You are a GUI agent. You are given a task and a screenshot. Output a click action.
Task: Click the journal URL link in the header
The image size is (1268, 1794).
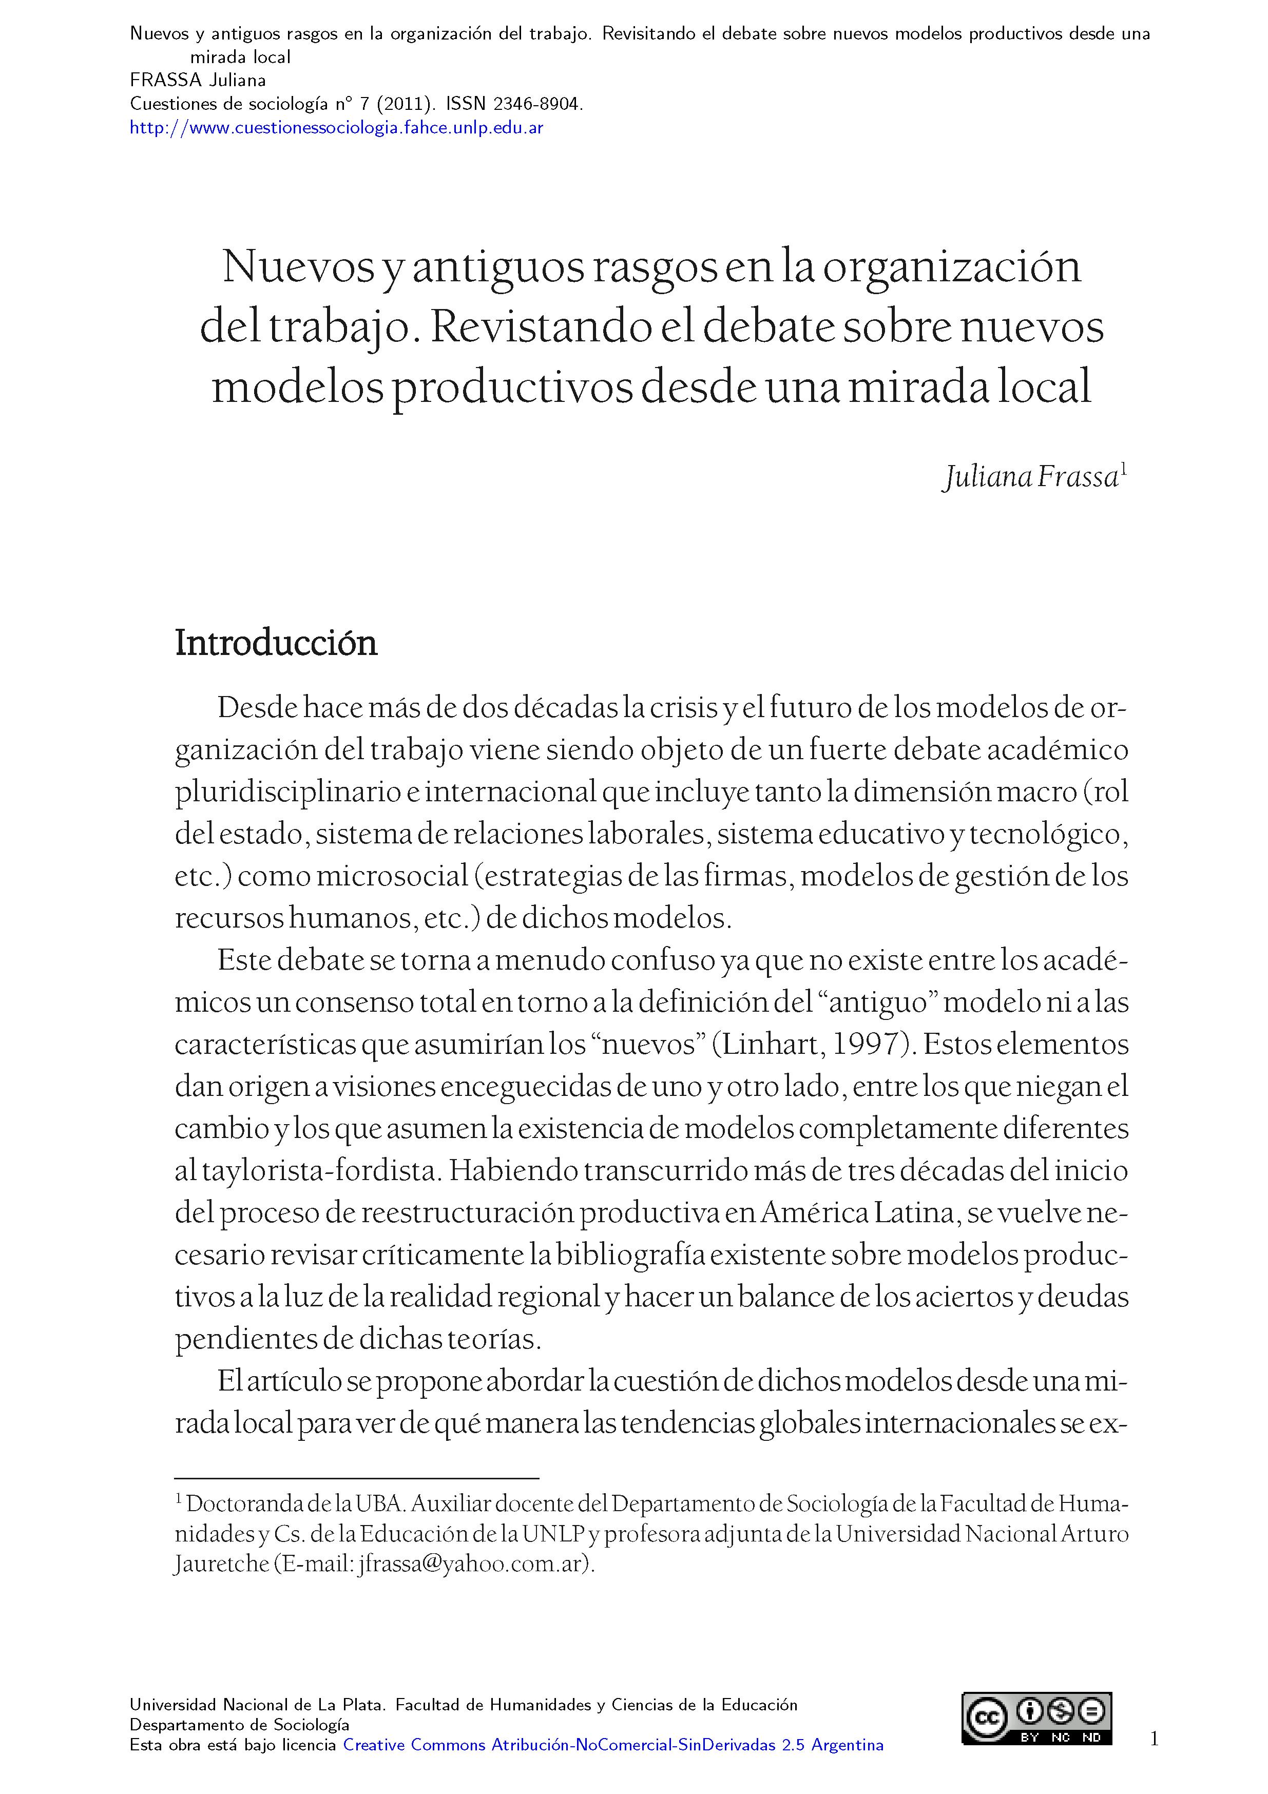click(x=336, y=127)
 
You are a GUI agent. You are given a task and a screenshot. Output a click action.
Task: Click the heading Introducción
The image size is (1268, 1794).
click(x=276, y=643)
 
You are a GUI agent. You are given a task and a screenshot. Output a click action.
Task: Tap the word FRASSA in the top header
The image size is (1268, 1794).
click(x=166, y=81)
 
